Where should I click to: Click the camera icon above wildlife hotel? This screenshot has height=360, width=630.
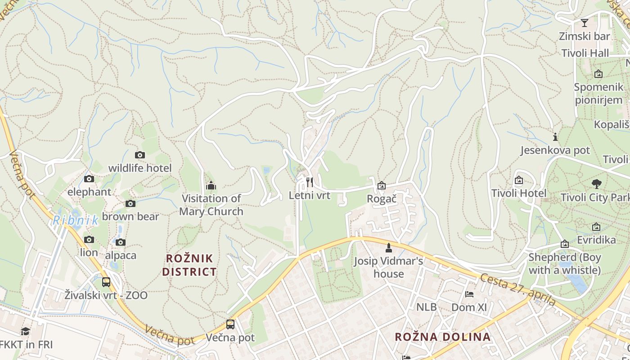140,155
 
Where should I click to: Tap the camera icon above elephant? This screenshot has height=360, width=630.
89,179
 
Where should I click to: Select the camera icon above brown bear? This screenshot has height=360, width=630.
130,204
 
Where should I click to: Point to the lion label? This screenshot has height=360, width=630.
89,252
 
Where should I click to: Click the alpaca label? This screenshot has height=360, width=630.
121,255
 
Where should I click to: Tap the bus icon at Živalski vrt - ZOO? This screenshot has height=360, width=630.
106,282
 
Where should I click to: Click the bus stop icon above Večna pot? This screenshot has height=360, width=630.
230,324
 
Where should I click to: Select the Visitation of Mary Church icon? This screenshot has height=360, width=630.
211,185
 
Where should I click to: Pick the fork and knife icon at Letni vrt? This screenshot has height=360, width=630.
310,182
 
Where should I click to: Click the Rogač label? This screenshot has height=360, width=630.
382,199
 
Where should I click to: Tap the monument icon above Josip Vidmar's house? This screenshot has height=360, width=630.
389,247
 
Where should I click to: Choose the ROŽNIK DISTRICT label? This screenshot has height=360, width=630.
189,265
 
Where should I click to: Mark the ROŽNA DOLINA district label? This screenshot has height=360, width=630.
442,337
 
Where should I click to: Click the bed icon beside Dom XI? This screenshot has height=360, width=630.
469,294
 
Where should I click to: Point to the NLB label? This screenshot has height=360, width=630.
426,307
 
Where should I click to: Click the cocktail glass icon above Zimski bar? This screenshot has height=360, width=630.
585,23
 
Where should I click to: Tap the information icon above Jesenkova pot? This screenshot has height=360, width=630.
555,137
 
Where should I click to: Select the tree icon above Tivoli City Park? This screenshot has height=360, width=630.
597,184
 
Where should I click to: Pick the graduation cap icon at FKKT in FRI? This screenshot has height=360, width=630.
26,332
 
